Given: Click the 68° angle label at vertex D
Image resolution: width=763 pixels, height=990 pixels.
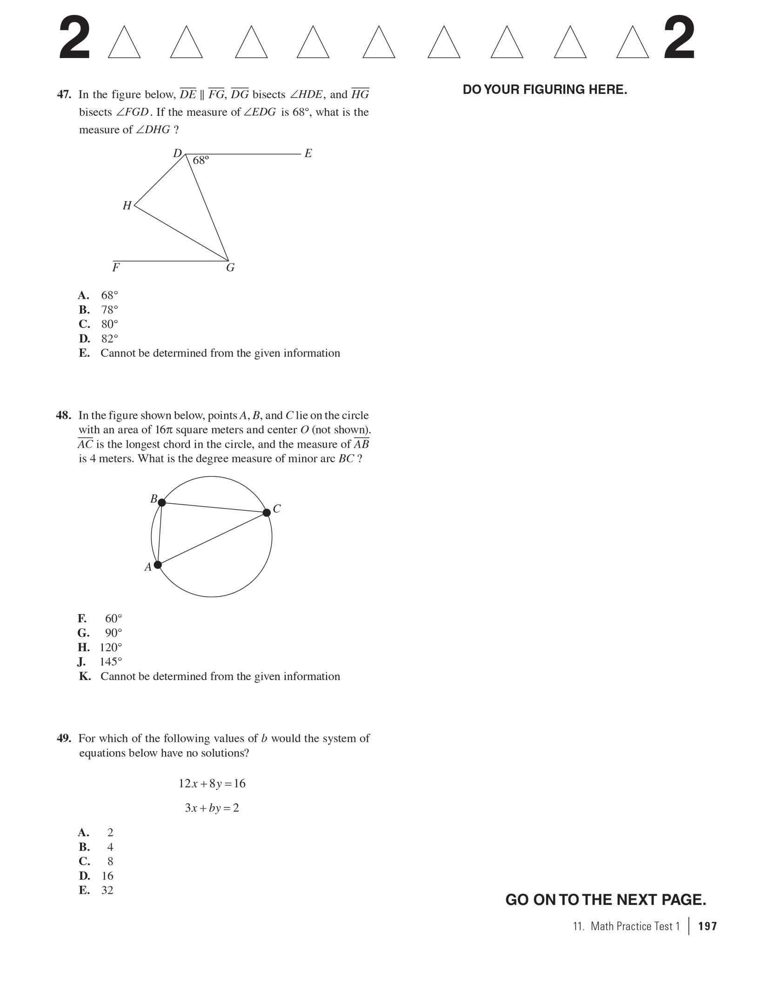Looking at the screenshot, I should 201,160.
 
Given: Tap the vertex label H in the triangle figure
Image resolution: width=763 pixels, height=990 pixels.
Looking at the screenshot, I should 127,205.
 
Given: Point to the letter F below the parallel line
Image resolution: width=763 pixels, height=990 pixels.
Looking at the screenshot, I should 116,268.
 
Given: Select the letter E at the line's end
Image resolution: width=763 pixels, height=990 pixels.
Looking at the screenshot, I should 308,153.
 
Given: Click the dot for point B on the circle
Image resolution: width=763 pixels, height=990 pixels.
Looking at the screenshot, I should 161,502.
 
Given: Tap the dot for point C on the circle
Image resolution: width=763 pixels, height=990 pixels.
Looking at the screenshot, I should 267,513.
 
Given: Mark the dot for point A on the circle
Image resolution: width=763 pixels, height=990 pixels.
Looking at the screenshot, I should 158,565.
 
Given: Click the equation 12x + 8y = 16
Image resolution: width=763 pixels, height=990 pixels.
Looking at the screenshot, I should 212,784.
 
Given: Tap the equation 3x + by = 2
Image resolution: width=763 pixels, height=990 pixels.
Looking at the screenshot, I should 212,808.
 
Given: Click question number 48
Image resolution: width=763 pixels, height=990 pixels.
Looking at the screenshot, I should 63,416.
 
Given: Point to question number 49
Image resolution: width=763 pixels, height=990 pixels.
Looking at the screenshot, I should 64,739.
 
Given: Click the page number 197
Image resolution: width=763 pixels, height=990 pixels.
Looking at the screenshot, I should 707,926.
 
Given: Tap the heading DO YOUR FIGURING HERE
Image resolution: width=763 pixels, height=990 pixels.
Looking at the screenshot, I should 545,90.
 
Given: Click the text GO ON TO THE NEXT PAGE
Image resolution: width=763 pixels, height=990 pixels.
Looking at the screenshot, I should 605,900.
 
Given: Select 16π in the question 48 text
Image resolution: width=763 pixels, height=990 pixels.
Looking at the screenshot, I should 164,430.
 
